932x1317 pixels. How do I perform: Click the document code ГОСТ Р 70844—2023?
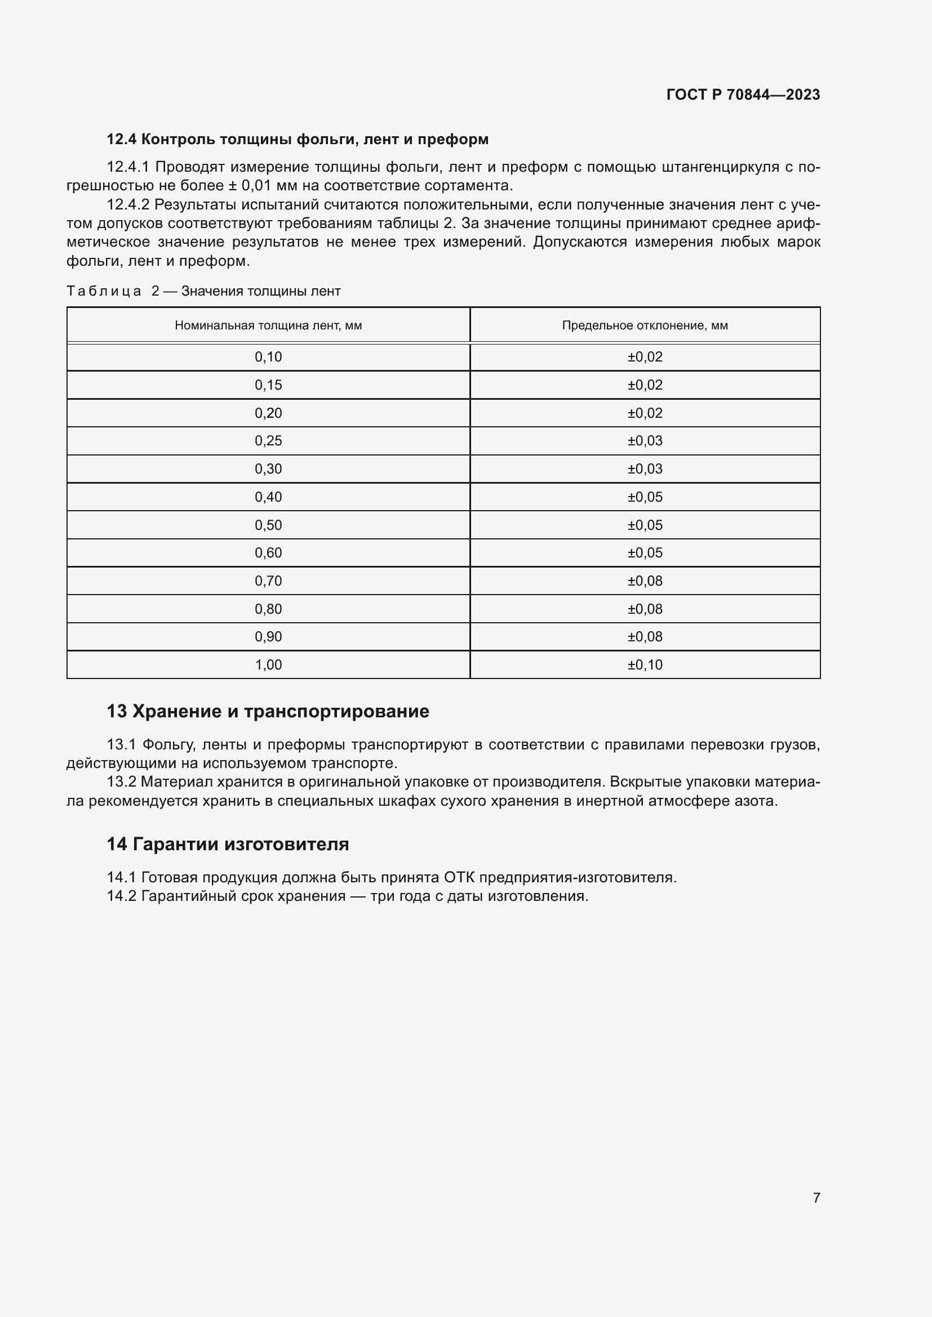click(743, 95)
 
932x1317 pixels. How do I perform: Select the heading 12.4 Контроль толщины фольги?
click(298, 139)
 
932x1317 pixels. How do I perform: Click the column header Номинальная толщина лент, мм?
click(268, 325)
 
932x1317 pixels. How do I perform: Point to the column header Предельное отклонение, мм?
click(645, 325)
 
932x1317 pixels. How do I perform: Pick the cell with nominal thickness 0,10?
click(268, 357)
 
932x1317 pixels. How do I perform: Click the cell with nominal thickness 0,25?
click(268, 440)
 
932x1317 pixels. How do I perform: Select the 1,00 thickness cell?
click(268, 664)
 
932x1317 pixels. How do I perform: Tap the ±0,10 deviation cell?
click(645, 664)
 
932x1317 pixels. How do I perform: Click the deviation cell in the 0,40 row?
click(645, 497)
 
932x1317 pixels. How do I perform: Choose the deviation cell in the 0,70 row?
click(645, 581)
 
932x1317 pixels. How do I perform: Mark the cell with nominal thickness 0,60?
click(268, 552)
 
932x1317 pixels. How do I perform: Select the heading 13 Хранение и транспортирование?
click(268, 711)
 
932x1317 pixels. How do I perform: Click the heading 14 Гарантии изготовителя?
click(227, 844)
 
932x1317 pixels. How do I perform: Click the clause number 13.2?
click(121, 782)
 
